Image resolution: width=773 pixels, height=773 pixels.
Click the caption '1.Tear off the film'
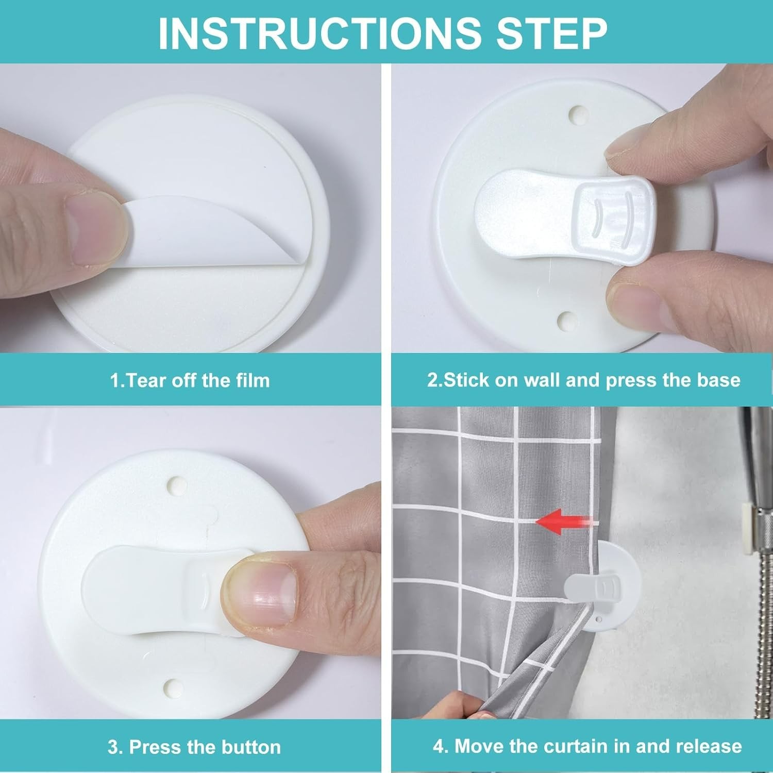(x=190, y=381)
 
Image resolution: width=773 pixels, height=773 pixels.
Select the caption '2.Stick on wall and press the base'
(x=584, y=380)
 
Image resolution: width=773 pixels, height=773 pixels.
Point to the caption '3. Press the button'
(x=194, y=747)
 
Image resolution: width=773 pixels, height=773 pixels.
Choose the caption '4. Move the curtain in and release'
(x=587, y=746)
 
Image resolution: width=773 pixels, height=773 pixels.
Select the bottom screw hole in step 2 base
(x=567, y=320)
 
